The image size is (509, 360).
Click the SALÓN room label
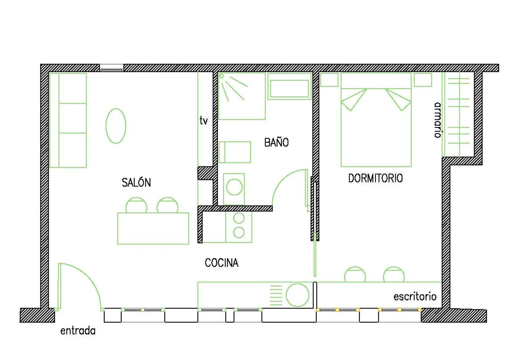(136, 182)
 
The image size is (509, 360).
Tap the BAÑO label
(277, 142)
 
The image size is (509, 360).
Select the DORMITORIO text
(375, 178)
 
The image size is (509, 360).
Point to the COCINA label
(222, 263)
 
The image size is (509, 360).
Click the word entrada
(78, 331)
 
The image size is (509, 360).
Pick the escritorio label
(415, 297)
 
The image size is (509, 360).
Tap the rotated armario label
(438, 120)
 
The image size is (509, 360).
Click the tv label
(204, 120)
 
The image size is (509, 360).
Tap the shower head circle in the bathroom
(222, 76)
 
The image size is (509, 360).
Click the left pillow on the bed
(354, 100)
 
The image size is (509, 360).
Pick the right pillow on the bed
(398, 100)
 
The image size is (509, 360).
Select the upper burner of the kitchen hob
(239, 218)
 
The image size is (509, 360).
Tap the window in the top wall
(111, 68)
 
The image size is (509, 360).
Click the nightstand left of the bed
(329, 79)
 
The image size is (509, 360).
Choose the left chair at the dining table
(136, 205)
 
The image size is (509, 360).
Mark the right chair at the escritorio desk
(394, 274)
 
